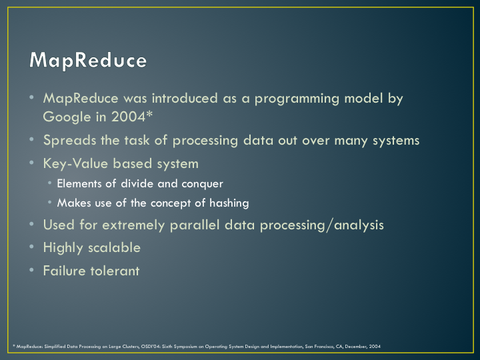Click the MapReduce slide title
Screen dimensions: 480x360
point(88,60)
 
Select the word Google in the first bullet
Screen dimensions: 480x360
point(67,117)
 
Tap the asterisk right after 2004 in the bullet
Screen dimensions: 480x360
point(149,115)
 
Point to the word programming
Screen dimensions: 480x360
point(297,99)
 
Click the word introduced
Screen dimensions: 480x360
point(185,98)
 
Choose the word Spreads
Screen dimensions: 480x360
point(70,141)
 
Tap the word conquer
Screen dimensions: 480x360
point(202,184)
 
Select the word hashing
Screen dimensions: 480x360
point(229,203)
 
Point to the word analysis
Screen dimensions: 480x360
point(359,225)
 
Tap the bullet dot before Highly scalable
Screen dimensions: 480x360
point(31,247)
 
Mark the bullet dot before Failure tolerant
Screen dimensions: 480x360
point(31,270)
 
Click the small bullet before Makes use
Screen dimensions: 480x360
point(49,202)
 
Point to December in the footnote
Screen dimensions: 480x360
point(355,347)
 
